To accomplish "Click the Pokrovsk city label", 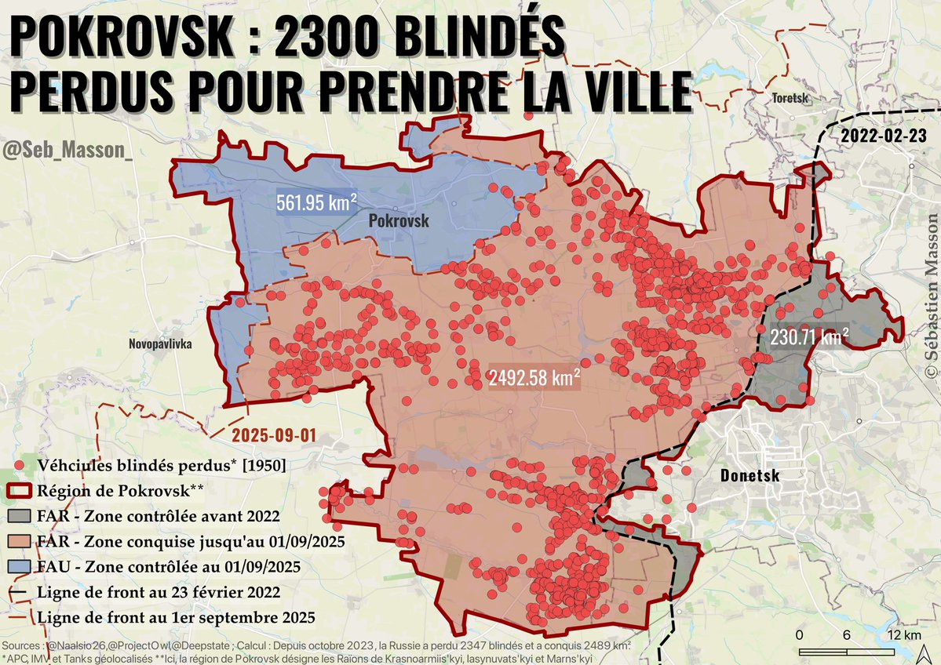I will (399, 221).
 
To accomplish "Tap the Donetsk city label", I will (749, 475).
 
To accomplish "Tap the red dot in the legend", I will (22, 465).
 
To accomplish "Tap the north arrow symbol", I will (926, 649).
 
